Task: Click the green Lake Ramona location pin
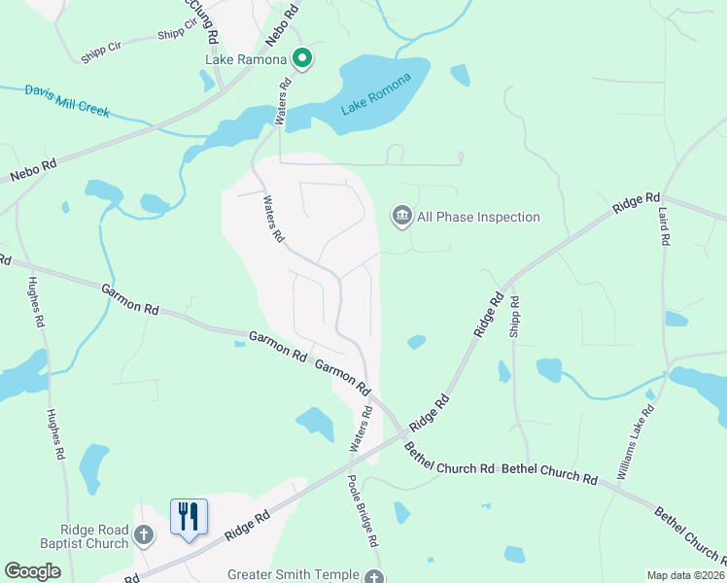[x=302, y=59]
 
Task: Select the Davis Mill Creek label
[x=68, y=100]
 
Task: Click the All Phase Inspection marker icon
[x=401, y=216]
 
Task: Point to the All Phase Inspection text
[x=478, y=217]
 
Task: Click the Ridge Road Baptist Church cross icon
[x=143, y=535]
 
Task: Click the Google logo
[x=32, y=571]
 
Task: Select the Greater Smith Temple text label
[x=293, y=575]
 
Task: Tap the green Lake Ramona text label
[x=246, y=59]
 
